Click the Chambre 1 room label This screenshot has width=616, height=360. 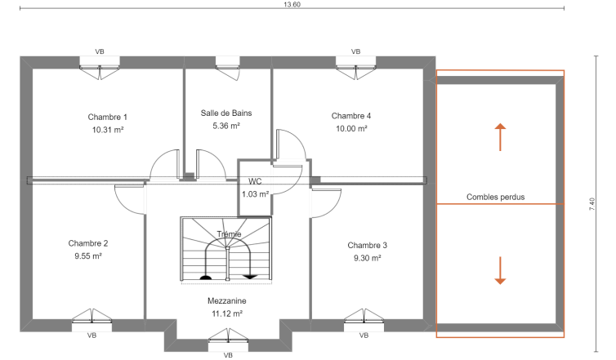(107, 117)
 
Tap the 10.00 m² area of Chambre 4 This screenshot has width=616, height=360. (351, 129)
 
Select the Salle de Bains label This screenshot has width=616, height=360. (226, 113)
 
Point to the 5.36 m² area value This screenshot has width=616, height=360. (226, 126)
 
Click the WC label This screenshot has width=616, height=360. (255, 181)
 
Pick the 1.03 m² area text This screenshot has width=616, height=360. (256, 194)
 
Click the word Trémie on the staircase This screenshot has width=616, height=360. (229, 234)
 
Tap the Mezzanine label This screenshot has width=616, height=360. (227, 301)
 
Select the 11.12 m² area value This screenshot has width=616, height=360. (227, 313)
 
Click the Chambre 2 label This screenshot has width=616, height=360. (88, 243)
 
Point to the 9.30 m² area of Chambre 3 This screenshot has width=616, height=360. (368, 258)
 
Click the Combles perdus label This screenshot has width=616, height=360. (495, 197)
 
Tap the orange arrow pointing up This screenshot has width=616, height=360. (500, 137)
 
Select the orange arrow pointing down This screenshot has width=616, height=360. (500, 270)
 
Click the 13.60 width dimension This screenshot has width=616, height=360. (292, 5)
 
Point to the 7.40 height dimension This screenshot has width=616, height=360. (592, 204)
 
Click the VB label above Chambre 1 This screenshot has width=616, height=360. (100, 51)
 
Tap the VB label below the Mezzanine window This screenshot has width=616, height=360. (228, 355)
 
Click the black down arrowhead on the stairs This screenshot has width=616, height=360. (250, 278)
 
